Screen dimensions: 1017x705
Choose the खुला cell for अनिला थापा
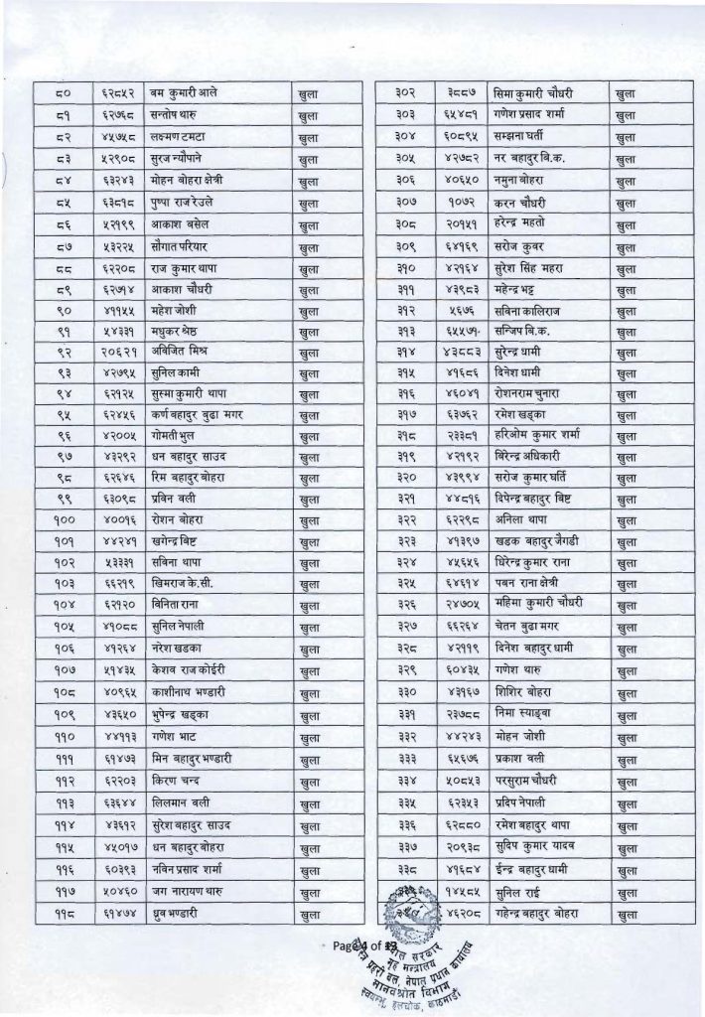click(x=626, y=522)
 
